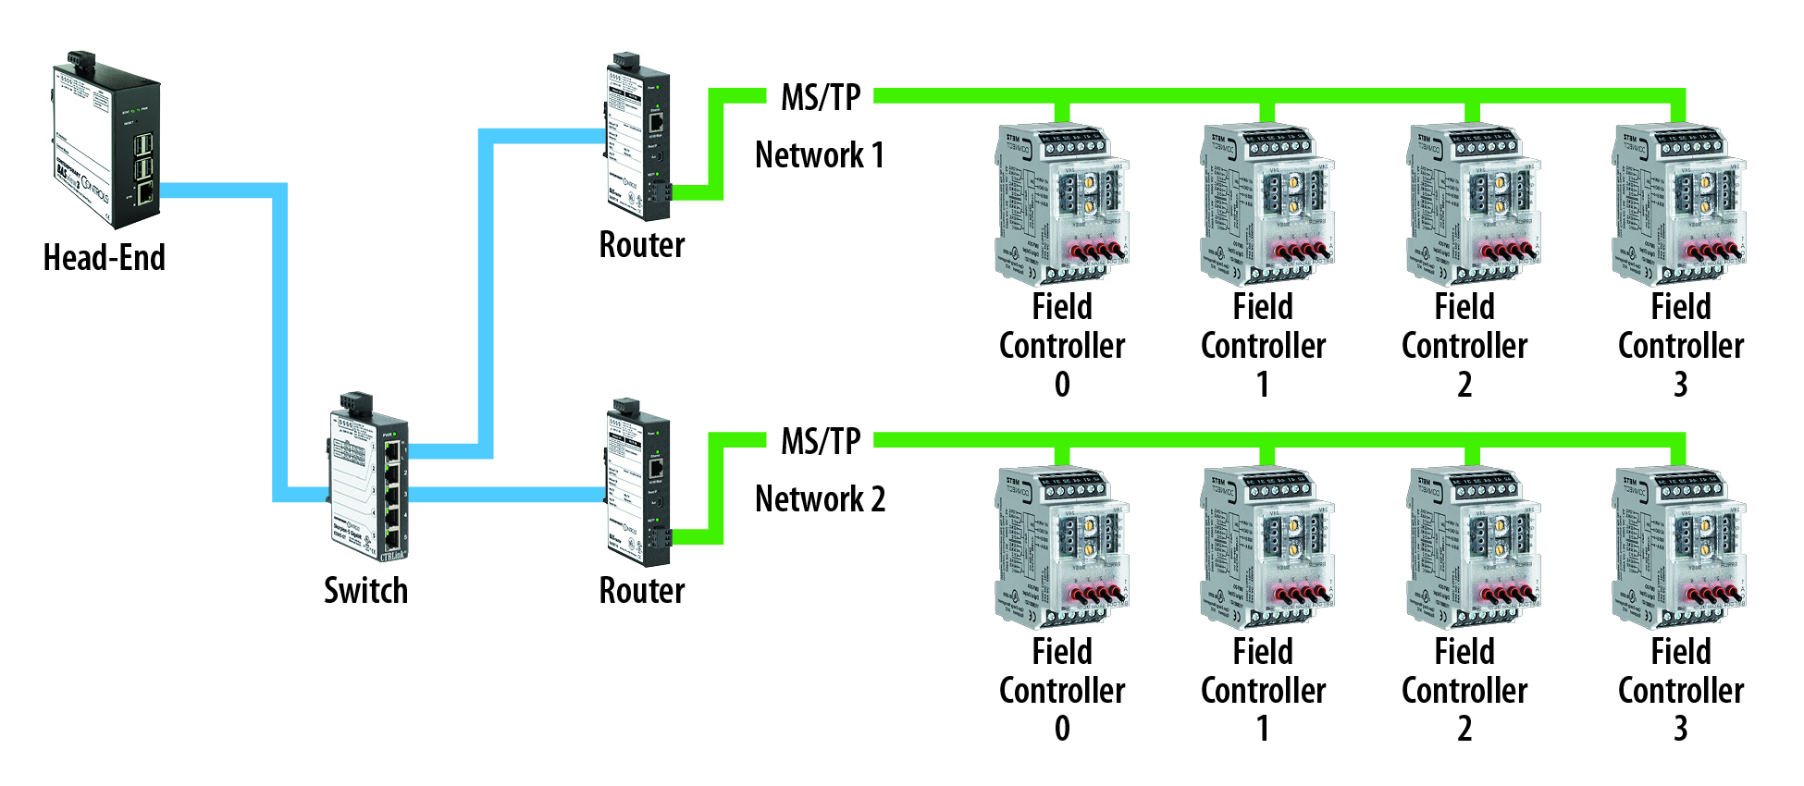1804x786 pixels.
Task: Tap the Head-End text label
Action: (x=105, y=258)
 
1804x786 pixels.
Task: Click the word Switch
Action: (x=365, y=590)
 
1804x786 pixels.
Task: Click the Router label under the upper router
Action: (x=642, y=245)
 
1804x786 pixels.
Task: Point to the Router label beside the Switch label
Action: (x=642, y=590)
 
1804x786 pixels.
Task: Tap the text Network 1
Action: (x=820, y=155)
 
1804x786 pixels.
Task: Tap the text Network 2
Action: (x=820, y=499)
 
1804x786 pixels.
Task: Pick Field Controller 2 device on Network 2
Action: (x=1474, y=548)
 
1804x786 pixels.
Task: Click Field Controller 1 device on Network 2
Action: (x=1267, y=548)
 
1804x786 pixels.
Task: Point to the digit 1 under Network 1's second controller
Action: (x=1263, y=385)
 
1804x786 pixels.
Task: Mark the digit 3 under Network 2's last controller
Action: (x=1681, y=730)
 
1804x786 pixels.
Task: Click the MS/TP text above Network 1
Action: (x=821, y=97)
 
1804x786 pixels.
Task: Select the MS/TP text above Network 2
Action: (x=821, y=441)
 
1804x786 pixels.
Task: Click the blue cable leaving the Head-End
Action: (x=222, y=190)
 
